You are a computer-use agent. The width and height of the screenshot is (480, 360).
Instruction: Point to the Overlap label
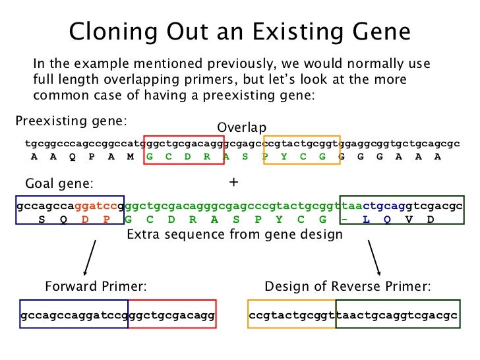click(x=241, y=127)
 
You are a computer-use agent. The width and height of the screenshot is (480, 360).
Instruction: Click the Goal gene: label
click(x=59, y=183)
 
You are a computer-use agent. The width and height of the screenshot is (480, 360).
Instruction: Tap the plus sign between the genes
click(x=232, y=180)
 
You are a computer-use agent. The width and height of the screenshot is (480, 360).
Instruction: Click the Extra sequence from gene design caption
click(x=234, y=234)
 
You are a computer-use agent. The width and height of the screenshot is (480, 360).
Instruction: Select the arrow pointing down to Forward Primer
click(x=90, y=257)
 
